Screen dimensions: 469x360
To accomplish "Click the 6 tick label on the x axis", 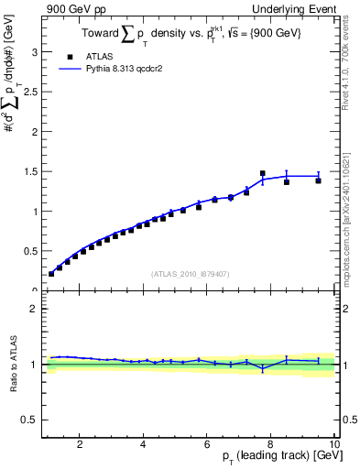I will (206, 444).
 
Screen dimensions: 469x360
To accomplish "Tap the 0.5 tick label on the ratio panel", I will (30, 420).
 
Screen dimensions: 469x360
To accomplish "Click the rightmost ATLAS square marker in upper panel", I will (318, 180).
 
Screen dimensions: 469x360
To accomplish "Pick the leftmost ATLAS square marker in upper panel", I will (51, 273).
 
